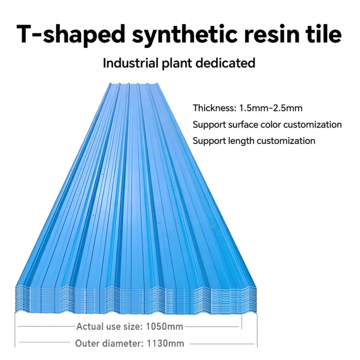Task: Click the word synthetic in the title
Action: pos(184,35)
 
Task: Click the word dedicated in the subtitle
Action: pos(226,63)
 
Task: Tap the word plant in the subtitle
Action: pos(177,63)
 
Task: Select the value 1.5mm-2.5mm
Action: pos(271,108)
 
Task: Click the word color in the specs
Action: pos(270,125)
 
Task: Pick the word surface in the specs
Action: pos(243,125)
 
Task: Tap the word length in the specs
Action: pos(241,141)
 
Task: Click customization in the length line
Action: pos(286,141)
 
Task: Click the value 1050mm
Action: pos(164,326)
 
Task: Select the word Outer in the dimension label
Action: pos(87,344)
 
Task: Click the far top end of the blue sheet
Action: pos(133,84)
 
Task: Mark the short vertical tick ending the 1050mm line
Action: pos(241,323)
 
